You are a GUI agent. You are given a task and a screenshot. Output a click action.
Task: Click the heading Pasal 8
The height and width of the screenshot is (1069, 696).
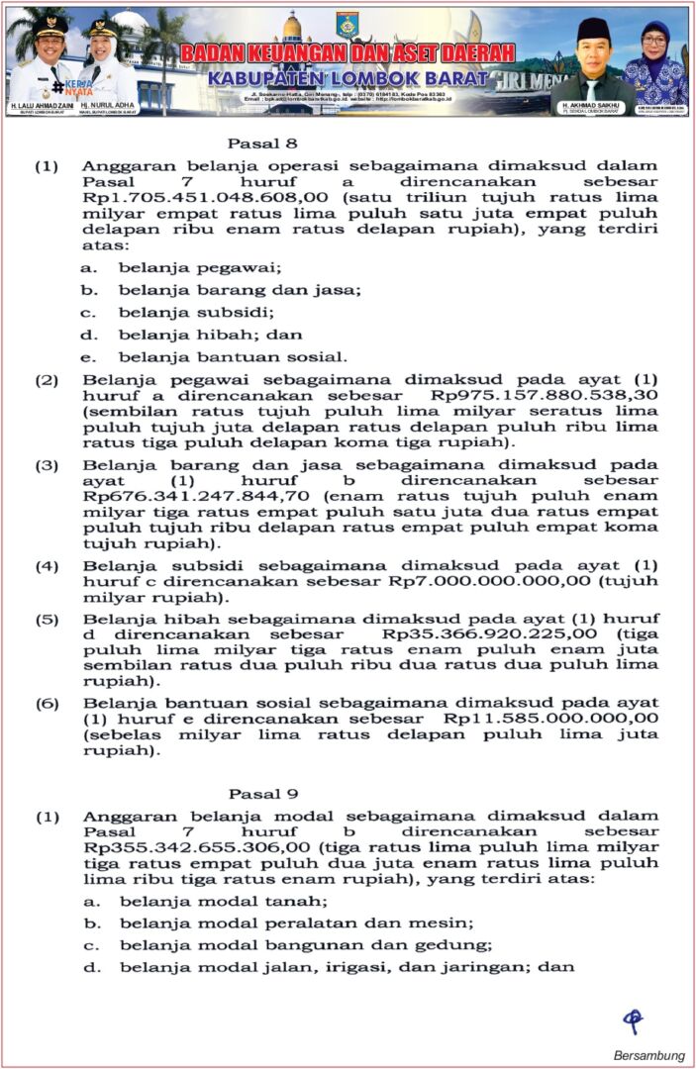255,142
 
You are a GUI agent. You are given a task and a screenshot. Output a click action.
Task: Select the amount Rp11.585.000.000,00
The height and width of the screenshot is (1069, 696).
551,718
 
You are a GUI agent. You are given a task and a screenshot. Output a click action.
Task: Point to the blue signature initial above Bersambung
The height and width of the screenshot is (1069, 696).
633,1020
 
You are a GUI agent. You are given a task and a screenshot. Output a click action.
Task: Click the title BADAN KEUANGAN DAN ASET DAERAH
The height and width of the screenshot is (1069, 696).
348,52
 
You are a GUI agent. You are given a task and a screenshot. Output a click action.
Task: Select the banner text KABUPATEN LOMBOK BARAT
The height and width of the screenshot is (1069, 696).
348,78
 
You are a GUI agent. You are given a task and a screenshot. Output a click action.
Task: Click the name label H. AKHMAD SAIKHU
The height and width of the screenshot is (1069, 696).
591,104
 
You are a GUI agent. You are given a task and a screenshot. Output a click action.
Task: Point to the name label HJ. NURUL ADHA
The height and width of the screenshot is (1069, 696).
110,104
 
